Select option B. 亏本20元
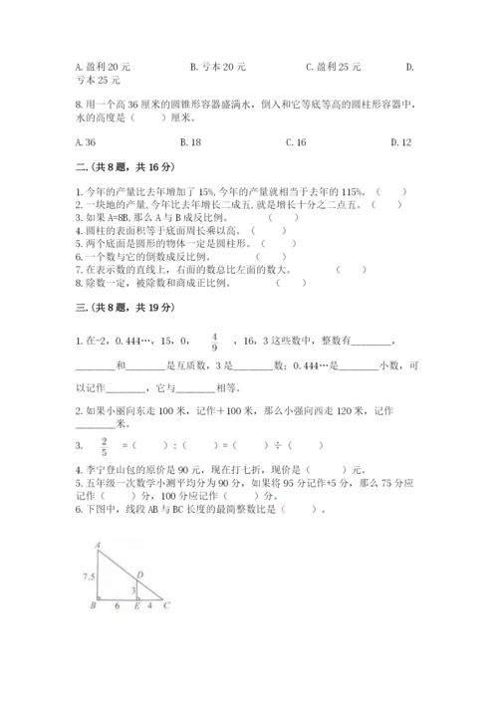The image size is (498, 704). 217,67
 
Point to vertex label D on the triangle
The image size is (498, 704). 139,575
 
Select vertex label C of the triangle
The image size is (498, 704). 166,605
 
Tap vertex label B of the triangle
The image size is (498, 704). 92,605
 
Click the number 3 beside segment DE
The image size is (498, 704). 133,590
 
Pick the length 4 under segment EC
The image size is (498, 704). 149,606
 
